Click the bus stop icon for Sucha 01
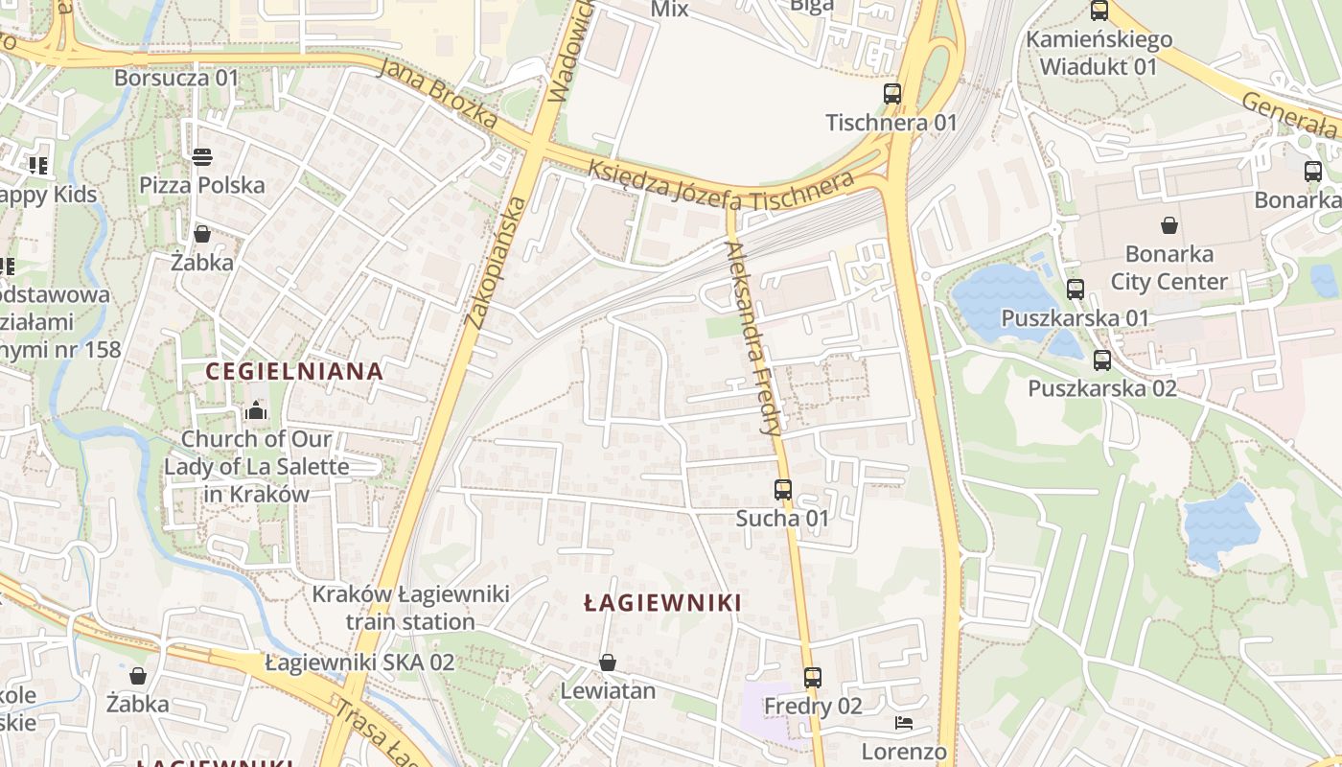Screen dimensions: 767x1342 pos(783,490)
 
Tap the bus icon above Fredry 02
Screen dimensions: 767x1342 pos(813,678)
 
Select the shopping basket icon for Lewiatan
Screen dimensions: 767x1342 pos(607,662)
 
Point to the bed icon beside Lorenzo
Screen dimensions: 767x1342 pos(903,723)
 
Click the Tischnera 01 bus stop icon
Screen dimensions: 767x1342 pos(892,94)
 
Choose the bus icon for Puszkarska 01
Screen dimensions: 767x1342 pos(1076,290)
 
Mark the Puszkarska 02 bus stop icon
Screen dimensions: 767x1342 pos(1102,360)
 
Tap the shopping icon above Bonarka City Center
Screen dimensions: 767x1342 pos(1169,226)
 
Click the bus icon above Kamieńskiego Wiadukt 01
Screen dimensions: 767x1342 pos(1099,12)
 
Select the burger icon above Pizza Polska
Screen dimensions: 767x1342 pos(202,156)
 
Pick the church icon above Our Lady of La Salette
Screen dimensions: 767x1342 pos(256,411)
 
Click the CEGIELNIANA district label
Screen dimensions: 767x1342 pos(295,371)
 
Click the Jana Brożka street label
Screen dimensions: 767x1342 pos(437,93)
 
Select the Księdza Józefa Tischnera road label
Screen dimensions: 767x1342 pos(720,185)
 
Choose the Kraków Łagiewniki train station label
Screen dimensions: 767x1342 pos(410,608)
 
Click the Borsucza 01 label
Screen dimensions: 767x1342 pos(175,78)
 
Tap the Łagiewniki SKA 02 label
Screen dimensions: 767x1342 pos(359,662)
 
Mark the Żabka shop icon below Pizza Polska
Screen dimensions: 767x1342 pos(202,234)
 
